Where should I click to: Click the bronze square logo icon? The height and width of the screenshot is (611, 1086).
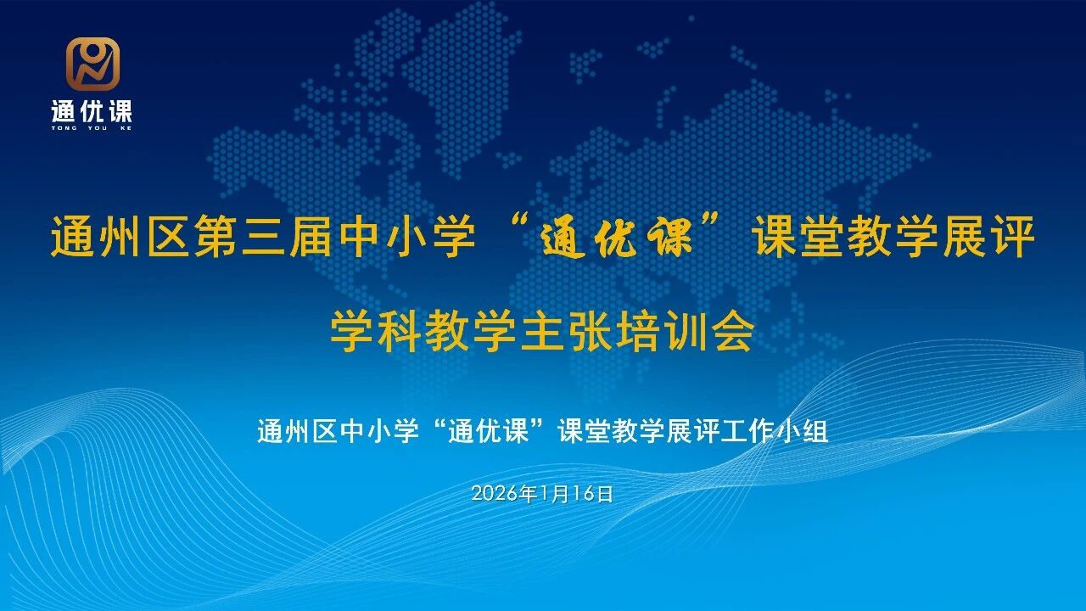coord(93,64)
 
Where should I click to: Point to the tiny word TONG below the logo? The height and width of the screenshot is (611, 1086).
coord(64,128)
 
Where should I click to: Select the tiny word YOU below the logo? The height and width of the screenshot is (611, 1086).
coord(93,128)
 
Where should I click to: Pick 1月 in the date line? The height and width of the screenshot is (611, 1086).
coord(552,494)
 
